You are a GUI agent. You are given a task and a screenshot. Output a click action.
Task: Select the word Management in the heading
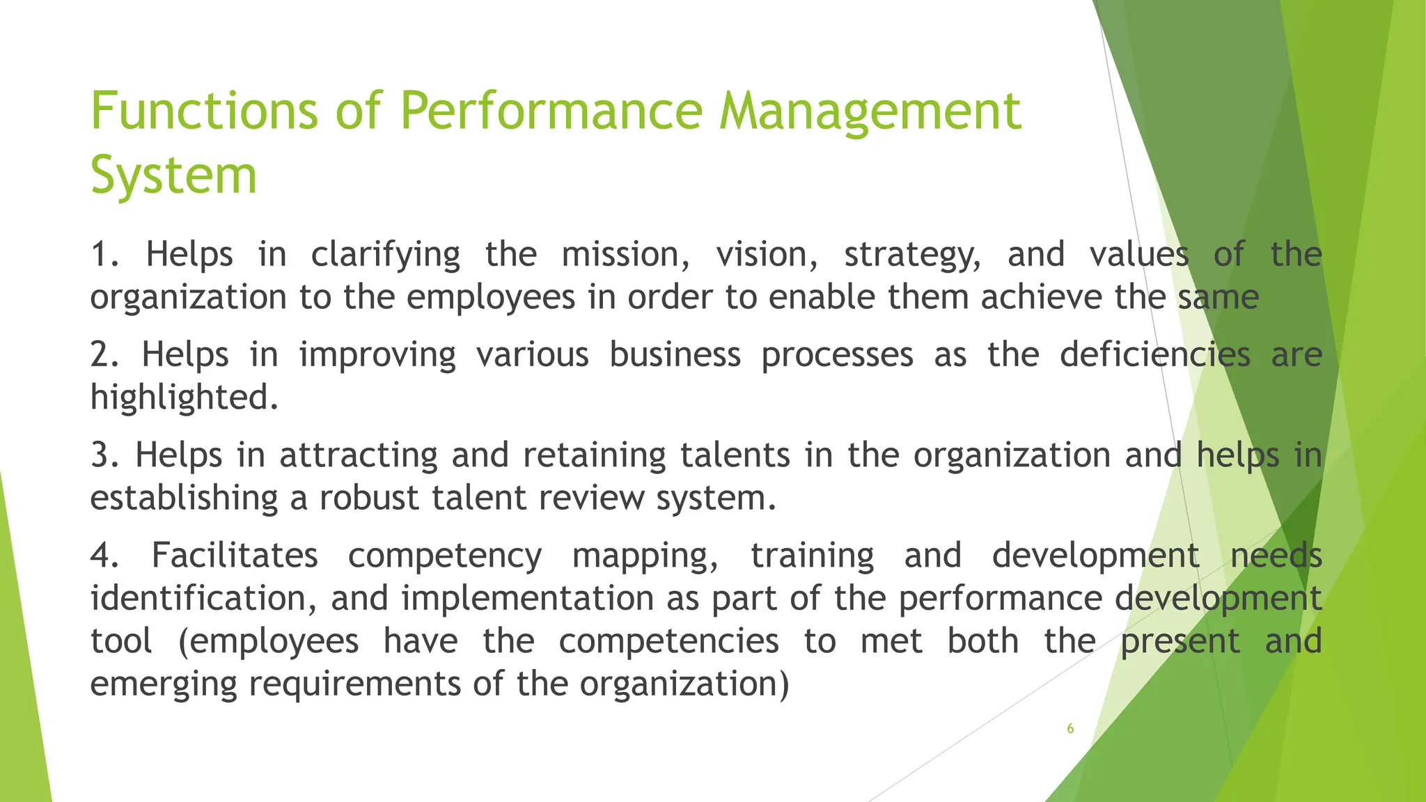tap(870, 111)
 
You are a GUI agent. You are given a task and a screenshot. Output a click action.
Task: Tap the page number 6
tap(1070, 729)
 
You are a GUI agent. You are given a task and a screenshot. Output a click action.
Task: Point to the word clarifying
tap(385, 255)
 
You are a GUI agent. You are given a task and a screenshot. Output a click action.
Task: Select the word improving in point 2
tap(377, 355)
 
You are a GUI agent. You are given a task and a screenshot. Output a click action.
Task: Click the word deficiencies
tap(1154, 355)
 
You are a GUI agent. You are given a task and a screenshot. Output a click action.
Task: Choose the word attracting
tap(358, 455)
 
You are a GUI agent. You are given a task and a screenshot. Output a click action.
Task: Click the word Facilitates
tap(235, 556)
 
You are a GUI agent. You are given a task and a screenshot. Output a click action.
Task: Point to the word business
tap(675, 355)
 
